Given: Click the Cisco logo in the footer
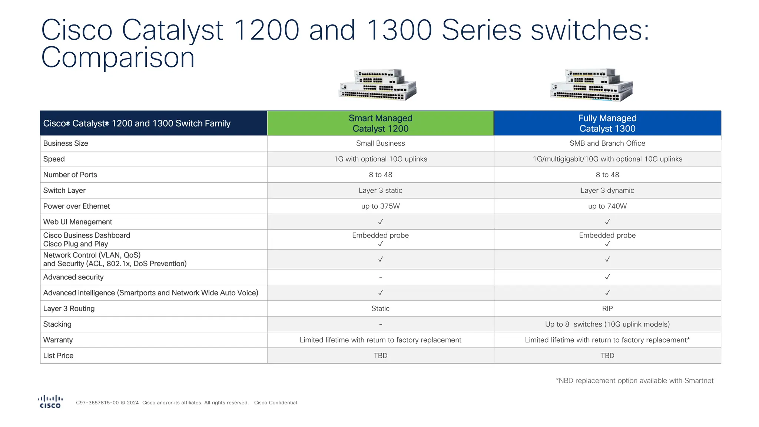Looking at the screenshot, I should coord(50,402).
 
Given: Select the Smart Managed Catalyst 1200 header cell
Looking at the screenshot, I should coord(380,123).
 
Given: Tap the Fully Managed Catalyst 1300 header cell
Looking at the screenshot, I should coord(607,123).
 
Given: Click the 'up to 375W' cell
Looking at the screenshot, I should coord(380,206).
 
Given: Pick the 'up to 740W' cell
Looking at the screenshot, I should coord(607,206).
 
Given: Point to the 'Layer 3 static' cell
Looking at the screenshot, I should coord(380,191).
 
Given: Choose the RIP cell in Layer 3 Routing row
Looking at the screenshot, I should coord(607,308).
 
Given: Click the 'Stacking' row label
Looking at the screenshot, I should coord(57,324).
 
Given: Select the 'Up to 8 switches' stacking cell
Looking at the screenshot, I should coord(607,324).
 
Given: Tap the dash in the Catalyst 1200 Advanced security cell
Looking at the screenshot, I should coord(380,277).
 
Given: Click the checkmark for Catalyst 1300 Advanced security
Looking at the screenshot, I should coord(607,277).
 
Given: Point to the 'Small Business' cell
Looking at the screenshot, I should coord(380,143).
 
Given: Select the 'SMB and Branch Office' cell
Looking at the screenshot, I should coord(607,143).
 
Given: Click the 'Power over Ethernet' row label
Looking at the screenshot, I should coord(77,206).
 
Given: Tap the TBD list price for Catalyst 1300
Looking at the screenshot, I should coord(607,356).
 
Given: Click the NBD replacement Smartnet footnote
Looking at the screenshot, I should coord(634,381).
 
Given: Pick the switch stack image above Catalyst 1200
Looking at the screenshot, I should coord(378,85).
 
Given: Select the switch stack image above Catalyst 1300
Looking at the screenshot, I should coord(591,85).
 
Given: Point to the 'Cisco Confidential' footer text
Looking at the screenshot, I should coord(275,403).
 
